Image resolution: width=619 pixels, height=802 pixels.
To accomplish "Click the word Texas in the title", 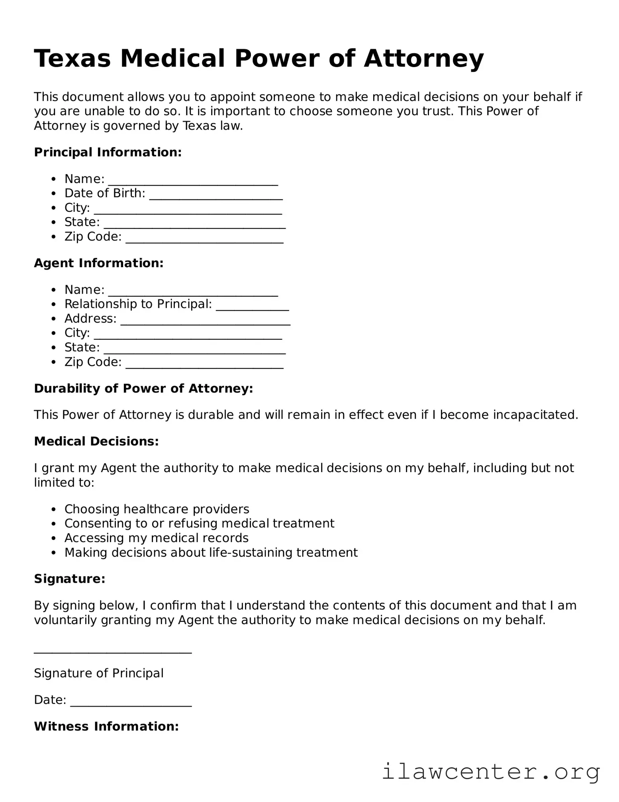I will [72, 59].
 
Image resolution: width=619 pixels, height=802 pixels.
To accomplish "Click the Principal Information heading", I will [108, 152].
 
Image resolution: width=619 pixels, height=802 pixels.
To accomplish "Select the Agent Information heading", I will [99, 263].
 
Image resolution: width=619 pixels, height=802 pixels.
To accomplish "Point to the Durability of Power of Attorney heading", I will [143, 388].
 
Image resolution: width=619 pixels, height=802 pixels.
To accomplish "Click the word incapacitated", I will [535, 415].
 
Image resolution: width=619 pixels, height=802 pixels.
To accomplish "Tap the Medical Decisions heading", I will [96, 441].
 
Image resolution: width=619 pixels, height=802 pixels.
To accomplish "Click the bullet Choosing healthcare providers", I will [157, 509].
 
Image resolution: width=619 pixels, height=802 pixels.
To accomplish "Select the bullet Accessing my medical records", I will [156, 538].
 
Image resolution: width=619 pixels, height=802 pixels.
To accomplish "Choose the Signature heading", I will [70, 579].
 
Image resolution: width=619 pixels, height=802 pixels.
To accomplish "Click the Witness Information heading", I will [106, 727].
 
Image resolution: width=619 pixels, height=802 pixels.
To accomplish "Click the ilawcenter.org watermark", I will [491, 772].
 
